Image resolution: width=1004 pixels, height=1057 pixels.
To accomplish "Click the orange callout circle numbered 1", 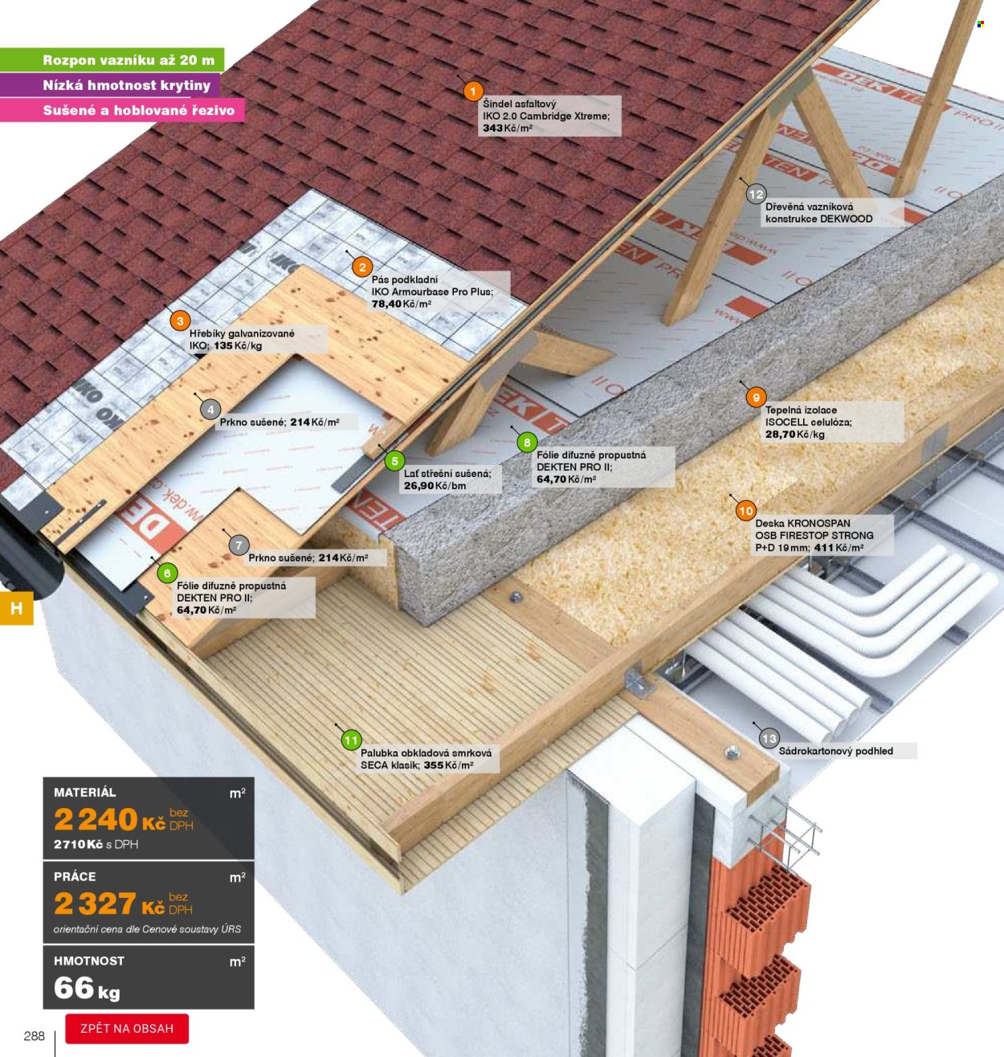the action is click(x=473, y=92).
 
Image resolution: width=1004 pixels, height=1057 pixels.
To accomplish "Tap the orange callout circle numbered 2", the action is click(x=362, y=267).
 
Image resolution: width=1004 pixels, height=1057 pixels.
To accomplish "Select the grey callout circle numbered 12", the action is click(x=756, y=194).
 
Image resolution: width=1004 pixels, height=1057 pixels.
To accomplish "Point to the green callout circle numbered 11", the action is click(x=351, y=741).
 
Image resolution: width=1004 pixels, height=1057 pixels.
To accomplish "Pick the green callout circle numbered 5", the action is click(x=394, y=461).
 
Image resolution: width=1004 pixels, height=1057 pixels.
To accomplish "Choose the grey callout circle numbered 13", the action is click(x=769, y=739).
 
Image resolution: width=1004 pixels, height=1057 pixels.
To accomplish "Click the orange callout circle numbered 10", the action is click(x=746, y=510).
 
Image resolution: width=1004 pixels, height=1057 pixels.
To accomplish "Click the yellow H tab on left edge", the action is click(x=17, y=608).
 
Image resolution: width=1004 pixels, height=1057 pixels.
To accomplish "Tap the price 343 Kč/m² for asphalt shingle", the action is click(x=508, y=129).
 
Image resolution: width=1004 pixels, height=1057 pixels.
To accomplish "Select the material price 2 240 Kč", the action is click(x=109, y=818).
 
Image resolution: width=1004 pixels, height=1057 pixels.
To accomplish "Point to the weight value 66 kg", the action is click(x=87, y=988).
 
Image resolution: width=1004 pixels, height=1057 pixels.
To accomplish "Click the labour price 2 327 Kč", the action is click(x=109, y=904).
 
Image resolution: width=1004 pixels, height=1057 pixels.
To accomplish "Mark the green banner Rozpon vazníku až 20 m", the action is click(x=112, y=59).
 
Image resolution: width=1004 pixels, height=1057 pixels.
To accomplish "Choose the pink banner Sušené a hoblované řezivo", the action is click(x=122, y=110).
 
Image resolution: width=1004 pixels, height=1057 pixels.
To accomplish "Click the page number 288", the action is click(x=35, y=1036).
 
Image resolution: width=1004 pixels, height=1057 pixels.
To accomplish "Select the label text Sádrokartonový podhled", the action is click(x=835, y=751).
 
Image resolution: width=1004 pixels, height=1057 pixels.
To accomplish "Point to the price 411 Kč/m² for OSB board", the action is click(x=839, y=548).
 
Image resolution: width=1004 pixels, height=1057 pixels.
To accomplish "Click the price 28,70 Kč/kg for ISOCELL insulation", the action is click(x=795, y=435).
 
